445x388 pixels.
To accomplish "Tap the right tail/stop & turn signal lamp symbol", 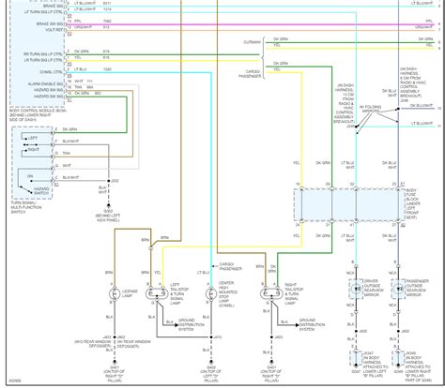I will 269,291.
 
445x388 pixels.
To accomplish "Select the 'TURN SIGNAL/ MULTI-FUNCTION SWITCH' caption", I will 29,204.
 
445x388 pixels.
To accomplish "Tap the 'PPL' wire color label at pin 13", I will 77,21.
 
